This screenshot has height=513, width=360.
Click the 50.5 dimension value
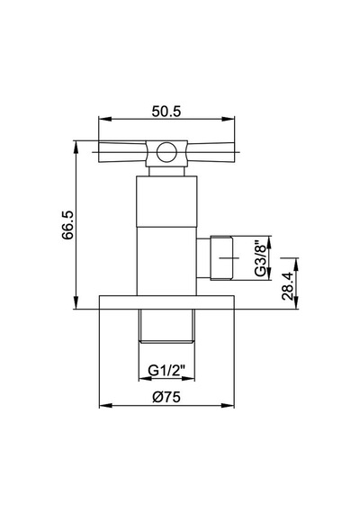pyautogui.click(x=166, y=112)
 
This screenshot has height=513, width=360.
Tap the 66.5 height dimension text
pyautogui.click(x=68, y=225)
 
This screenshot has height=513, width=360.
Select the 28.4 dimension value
pyautogui.click(x=287, y=286)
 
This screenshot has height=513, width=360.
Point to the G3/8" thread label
pyautogui.click(x=261, y=257)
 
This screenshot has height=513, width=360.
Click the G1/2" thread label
pyautogui.click(x=166, y=371)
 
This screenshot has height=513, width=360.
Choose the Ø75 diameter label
pyautogui.click(x=166, y=397)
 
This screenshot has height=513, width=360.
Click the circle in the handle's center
pyautogui.click(x=166, y=152)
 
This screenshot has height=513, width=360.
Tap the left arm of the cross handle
pyautogui.click(x=122, y=152)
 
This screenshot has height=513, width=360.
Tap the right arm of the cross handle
pyautogui.click(x=211, y=152)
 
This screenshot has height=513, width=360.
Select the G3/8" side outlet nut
pyautogui.click(x=222, y=257)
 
